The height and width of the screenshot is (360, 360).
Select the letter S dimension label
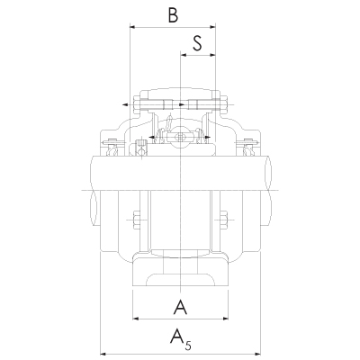(x=197, y=42)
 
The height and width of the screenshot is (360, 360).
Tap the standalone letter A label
(x=180, y=309)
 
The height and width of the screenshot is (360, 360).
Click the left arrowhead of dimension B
(x=134, y=27)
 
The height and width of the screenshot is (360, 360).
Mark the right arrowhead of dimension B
(x=213, y=27)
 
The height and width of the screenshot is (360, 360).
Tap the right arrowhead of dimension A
(x=225, y=319)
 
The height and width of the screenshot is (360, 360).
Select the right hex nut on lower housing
(x=225, y=219)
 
